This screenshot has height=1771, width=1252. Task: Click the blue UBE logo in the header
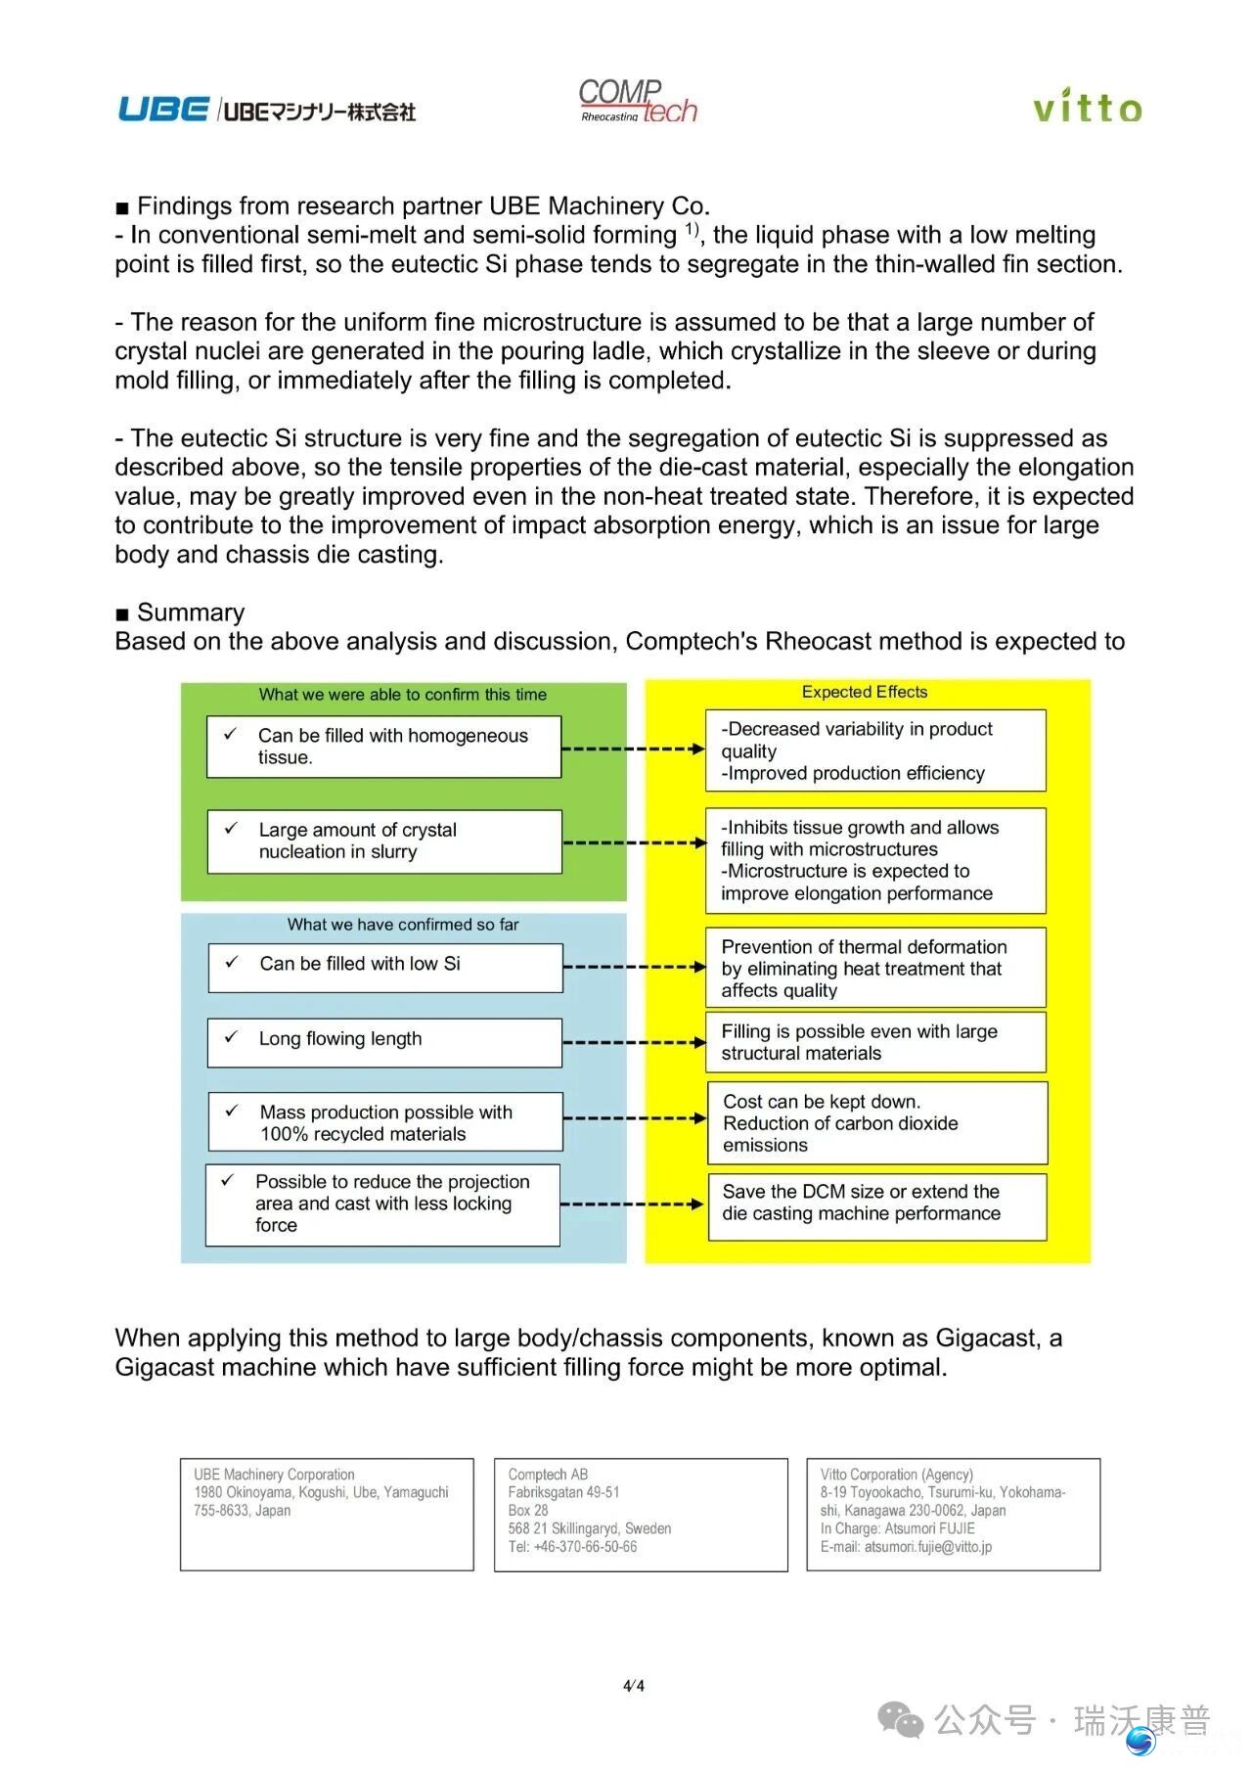pyautogui.click(x=163, y=109)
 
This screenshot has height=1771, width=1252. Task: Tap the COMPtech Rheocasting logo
pyautogui.click(x=637, y=102)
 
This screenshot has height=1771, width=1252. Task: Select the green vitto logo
pyautogui.click(x=1087, y=106)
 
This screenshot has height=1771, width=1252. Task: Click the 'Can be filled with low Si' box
pyautogui.click(x=385, y=967)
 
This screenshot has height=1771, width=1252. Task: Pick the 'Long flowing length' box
pyautogui.click(x=384, y=1041)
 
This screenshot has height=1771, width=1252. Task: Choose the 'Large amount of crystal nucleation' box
pyautogui.click(x=384, y=841)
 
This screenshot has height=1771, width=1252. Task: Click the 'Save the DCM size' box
pyautogui.click(x=877, y=1205)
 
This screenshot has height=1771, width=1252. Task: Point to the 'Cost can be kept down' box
pyautogui.click(x=877, y=1122)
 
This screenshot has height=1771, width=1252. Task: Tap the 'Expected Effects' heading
pyautogui.click(x=865, y=693)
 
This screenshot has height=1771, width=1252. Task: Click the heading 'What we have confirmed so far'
pyautogui.click(x=403, y=925)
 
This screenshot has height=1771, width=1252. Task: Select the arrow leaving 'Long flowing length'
pyautogui.click(x=634, y=1042)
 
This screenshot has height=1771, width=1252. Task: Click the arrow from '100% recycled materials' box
pyautogui.click(x=634, y=1118)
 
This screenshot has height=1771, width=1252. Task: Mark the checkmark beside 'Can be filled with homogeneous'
pyautogui.click(x=231, y=734)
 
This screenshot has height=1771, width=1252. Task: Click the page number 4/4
pyautogui.click(x=634, y=1685)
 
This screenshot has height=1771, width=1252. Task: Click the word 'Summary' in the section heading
pyautogui.click(x=191, y=613)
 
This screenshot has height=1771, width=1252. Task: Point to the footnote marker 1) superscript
pyautogui.click(x=692, y=230)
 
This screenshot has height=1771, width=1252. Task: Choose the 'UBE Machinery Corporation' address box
pyautogui.click(x=327, y=1514)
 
